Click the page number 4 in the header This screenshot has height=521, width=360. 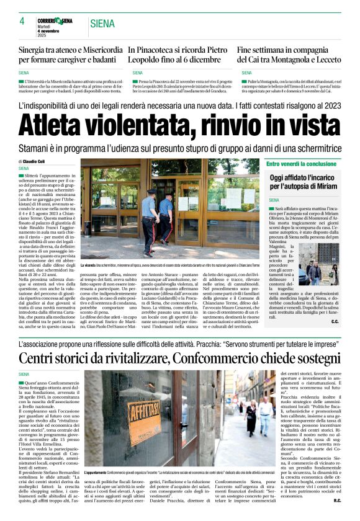(x=22, y=21)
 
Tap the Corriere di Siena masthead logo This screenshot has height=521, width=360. (x=56, y=22)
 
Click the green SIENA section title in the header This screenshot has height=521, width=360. (x=101, y=24)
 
